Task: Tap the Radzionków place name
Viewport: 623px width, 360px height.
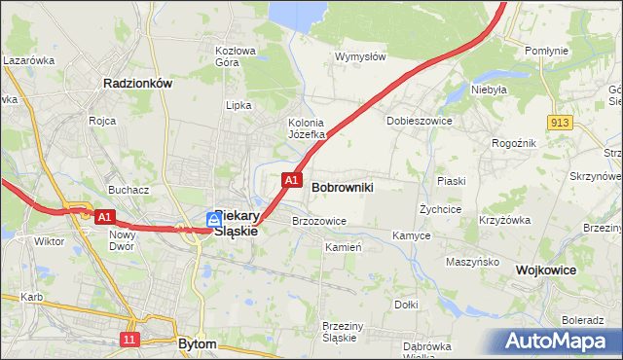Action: (x=137, y=84)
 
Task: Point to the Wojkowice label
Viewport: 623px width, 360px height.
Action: (x=546, y=270)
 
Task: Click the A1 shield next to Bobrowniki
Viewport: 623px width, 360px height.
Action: (x=291, y=180)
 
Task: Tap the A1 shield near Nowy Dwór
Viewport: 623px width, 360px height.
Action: (x=106, y=217)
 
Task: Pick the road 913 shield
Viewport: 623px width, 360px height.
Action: (x=559, y=122)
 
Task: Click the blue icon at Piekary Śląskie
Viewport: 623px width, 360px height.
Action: (x=212, y=221)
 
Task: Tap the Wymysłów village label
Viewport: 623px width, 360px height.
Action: (x=360, y=56)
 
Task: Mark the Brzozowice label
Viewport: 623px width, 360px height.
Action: (x=319, y=221)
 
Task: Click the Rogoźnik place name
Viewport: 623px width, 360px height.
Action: (x=514, y=142)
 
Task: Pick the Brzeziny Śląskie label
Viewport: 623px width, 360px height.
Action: (x=341, y=332)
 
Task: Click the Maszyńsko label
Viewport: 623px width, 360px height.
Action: (x=472, y=262)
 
